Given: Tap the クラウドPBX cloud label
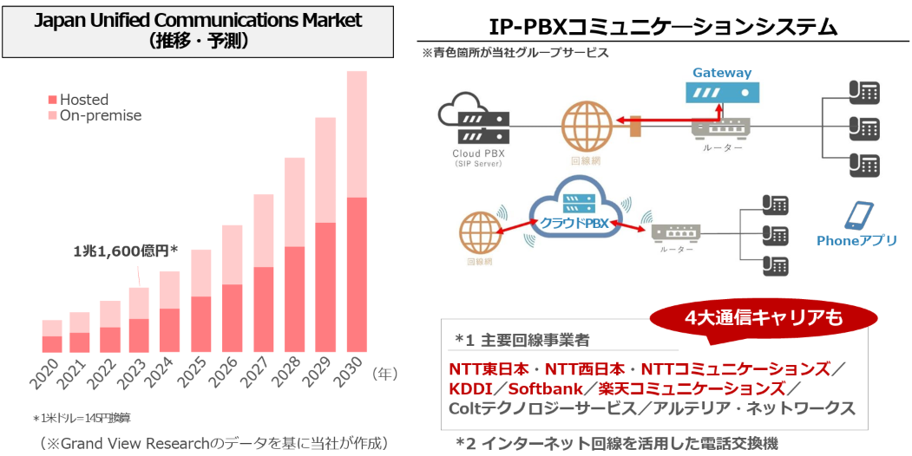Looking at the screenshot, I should pos(573,223).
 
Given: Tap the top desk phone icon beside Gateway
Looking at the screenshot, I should pos(863,91).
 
